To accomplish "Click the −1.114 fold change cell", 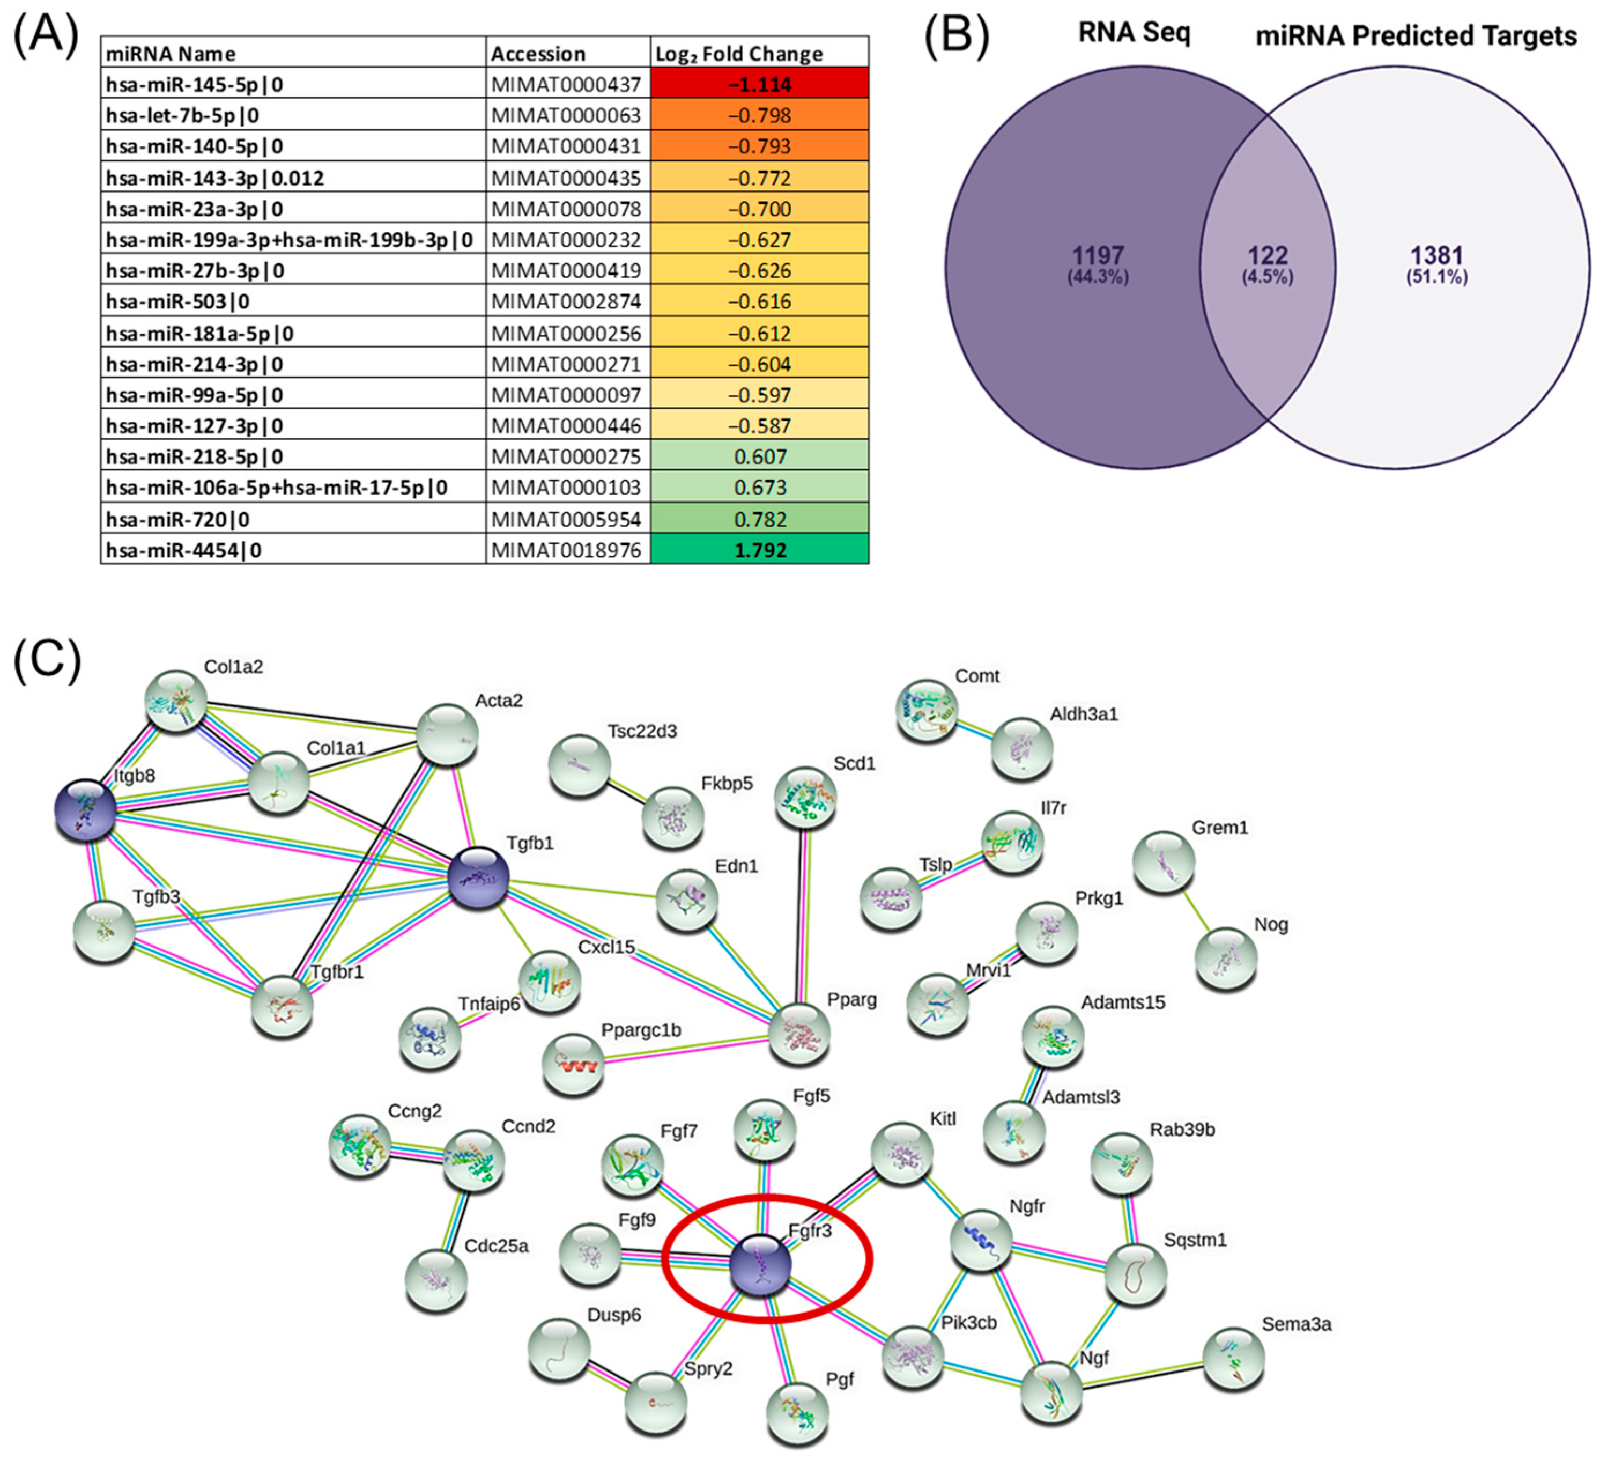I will tap(760, 83).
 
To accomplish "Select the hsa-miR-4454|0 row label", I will tap(183, 549).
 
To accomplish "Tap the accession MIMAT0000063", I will tap(566, 115).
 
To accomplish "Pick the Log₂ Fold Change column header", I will tap(738, 53).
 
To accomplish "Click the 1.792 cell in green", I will tap(760, 549).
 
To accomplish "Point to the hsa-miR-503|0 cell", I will tap(178, 301).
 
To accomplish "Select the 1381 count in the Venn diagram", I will tap(1436, 256).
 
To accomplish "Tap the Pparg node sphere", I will tap(799, 1034).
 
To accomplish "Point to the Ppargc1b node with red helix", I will tap(573, 1064).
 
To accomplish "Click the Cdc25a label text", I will tap(496, 1245).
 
